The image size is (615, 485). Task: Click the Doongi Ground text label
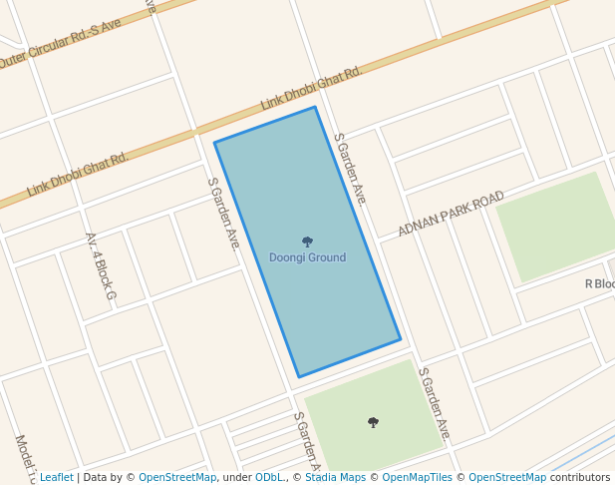click(x=307, y=257)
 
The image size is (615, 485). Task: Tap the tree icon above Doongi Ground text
click(x=307, y=242)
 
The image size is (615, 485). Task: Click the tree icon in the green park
click(x=373, y=422)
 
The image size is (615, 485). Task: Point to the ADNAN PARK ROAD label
click(x=451, y=215)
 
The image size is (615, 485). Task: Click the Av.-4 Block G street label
click(x=101, y=266)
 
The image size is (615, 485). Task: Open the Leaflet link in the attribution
click(x=56, y=477)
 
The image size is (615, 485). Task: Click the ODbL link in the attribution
click(x=268, y=477)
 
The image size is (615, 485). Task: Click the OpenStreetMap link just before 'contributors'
click(x=506, y=477)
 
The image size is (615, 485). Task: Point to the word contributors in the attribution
click(x=580, y=477)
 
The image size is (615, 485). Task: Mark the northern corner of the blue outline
click(x=315, y=107)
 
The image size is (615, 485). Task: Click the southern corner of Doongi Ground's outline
click(x=298, y=377)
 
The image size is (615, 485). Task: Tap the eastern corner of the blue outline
click(x=401, y=339)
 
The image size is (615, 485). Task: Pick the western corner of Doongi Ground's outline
click(x=214, y=143)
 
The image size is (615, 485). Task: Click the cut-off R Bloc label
click(x=599, y=284)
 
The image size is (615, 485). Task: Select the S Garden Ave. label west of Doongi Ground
click(x=224, y=213)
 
